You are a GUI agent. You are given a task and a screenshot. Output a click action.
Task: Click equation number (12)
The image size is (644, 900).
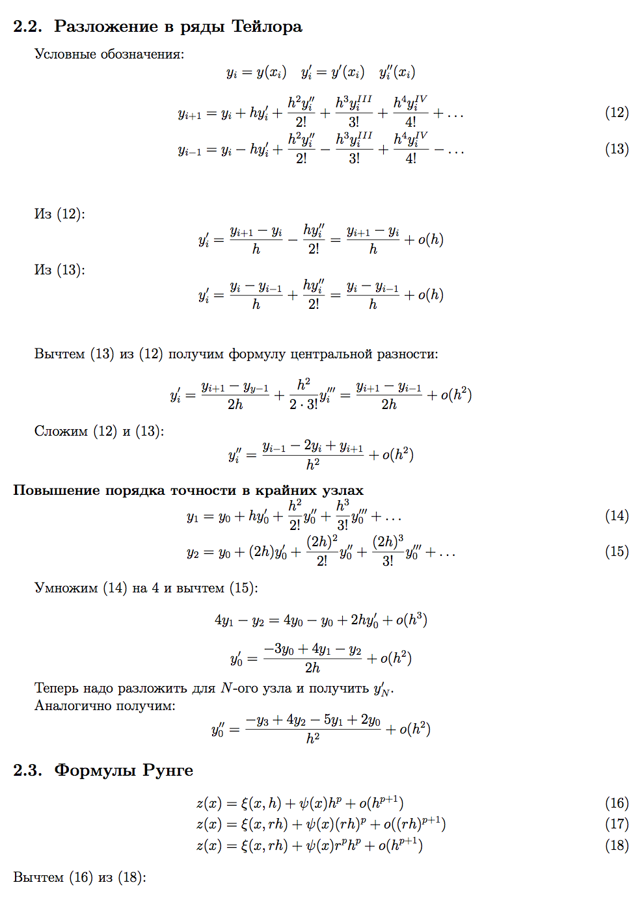coord(617,112)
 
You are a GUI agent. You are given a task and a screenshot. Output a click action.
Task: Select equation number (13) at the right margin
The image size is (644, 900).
coord(617,149)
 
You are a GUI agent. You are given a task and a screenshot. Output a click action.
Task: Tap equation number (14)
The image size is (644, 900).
coord(617,516)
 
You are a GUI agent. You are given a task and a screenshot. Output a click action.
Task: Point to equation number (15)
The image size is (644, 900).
coord(617,551)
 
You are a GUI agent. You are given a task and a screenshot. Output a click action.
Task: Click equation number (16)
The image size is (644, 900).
coord(617,803)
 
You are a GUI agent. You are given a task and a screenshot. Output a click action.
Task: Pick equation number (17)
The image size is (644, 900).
coord(617,824)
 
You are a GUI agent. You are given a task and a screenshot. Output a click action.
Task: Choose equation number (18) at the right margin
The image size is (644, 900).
coord(617,845)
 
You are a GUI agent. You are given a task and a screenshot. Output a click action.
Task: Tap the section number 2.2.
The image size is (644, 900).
coord(27,27)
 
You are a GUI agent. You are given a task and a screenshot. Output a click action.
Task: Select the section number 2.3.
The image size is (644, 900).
coord(27,771)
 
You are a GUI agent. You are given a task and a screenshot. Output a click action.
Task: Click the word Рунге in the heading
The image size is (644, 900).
coord(168,771)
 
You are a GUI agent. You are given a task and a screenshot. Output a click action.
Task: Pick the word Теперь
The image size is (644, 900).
coord(58,688)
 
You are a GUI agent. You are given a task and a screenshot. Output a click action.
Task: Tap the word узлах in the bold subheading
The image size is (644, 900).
coord(343,490)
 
